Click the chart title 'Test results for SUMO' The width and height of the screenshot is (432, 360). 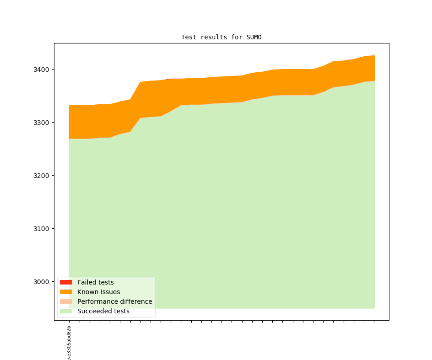point(221,37)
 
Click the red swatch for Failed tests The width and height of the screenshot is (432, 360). point(66,282)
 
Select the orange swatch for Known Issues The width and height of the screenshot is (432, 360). point(66,292)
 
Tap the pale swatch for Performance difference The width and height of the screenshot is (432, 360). point(66,301)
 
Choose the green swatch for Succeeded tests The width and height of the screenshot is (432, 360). point(66,311)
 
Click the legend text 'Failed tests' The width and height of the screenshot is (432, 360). point(95,282)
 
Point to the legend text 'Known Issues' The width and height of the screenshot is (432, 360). point(98,292)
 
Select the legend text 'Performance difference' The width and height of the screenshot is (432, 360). point(114,301)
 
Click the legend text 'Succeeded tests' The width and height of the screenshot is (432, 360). point(103,311)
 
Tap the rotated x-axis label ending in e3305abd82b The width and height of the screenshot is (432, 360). point(69,343)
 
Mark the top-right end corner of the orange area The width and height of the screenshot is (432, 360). point(374,56)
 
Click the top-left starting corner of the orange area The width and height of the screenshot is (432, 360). point(69,106)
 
